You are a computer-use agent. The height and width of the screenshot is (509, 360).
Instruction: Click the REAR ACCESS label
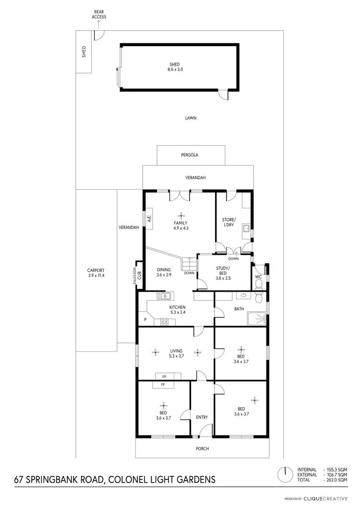(99, 14)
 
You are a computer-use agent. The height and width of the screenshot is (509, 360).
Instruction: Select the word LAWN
(191, 118)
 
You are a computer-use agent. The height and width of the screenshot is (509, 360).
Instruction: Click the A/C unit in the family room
(149, 219)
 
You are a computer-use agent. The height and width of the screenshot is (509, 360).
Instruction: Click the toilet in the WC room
(259, 284)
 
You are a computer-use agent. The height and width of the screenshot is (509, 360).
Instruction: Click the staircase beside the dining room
(189, 264)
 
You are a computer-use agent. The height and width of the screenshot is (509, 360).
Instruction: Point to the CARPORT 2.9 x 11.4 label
(96, 272)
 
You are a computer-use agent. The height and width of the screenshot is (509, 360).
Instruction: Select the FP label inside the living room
(165, 377)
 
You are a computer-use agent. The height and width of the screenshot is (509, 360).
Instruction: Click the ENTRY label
(202, 417)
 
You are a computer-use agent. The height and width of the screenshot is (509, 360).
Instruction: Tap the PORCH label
(202, 449)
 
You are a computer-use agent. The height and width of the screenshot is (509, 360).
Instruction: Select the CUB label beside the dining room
(139, 275)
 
